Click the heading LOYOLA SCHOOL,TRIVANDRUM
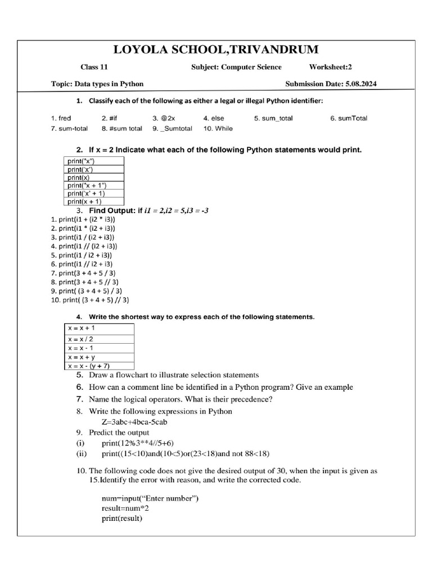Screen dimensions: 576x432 215,49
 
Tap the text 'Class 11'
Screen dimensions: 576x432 94,67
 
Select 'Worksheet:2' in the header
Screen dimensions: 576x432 330,67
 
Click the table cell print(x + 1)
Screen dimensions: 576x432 85,201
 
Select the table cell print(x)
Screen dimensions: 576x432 79,177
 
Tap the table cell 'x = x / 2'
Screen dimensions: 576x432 80,339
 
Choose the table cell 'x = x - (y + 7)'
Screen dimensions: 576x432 89,366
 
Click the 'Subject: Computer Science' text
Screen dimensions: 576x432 236,67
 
